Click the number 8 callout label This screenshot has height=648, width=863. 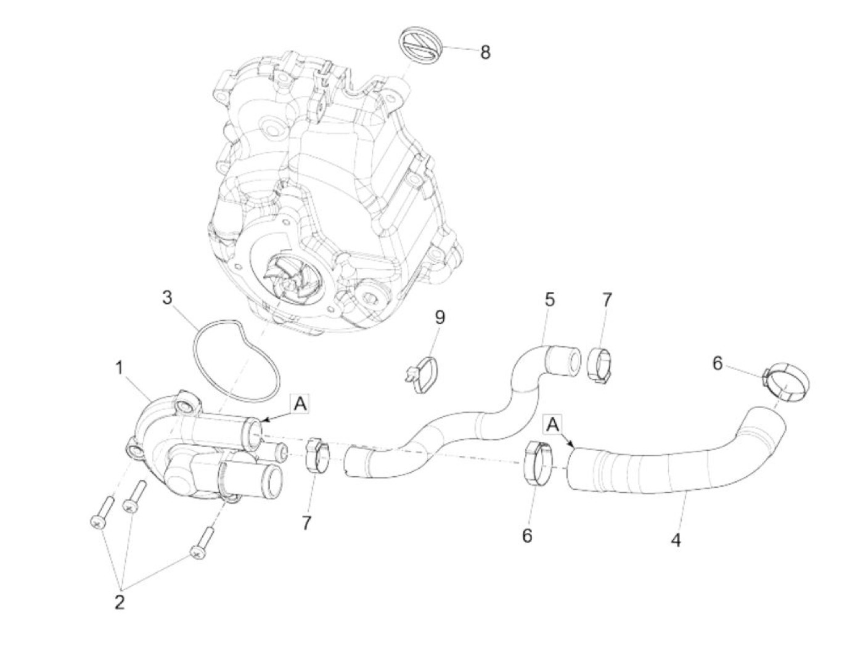[x=486, y=52]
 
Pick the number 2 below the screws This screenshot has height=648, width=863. [x=120, y=602]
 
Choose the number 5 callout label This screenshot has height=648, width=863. [x=549, y=300]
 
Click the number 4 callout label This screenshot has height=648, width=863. [x=676, y=541]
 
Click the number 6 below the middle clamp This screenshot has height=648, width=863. [x=527, y=535]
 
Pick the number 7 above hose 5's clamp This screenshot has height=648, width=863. [x=607, y=300]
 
